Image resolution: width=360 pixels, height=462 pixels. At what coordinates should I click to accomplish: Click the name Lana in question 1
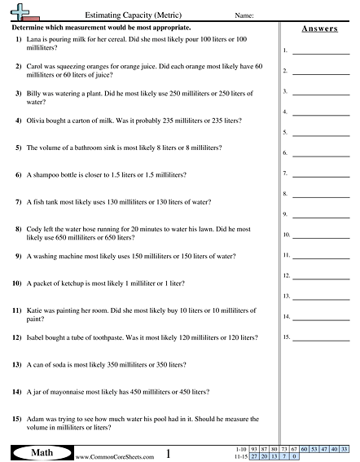click(34, 39)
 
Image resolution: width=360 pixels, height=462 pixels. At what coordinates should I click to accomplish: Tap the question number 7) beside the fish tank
click(18, 201)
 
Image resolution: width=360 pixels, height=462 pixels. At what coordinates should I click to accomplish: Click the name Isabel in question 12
click(37, 337)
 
